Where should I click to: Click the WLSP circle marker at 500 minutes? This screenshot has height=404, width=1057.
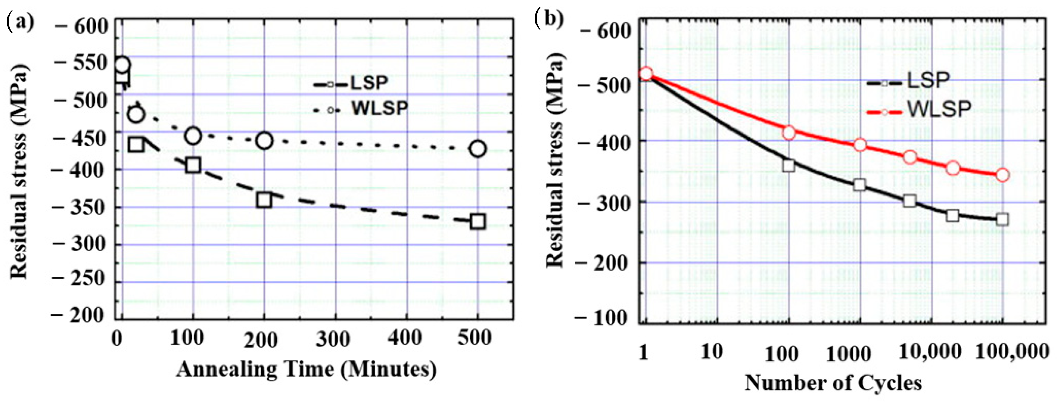(478, 148)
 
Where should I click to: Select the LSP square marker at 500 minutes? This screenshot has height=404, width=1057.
(478, 221)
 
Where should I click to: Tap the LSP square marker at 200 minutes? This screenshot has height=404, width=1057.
(264, 200)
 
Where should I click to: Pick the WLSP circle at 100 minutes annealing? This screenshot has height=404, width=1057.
(193, 136)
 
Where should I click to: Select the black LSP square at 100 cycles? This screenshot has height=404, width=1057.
(788, 165)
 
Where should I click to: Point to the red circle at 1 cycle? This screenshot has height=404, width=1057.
(646, 74)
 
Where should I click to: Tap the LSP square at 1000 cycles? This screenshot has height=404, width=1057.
(860, 185)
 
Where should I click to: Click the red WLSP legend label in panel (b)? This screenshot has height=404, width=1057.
(939, 109)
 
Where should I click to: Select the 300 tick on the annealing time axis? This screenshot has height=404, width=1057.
(333, 339)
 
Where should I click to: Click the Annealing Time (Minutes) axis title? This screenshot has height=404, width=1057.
(306, 369)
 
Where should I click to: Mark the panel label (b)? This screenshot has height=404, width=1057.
(549, 19)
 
